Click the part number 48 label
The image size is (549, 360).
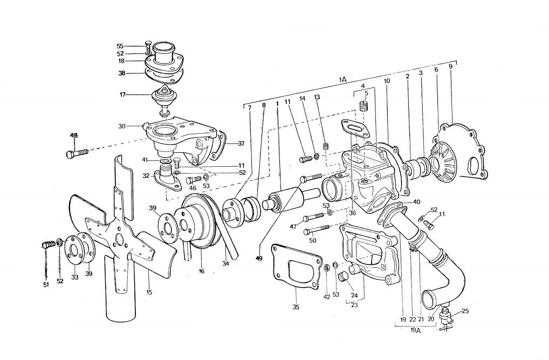point(74,135)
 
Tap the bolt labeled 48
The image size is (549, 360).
point(77,153)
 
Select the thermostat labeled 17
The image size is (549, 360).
point(164,99)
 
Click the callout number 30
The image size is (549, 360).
point(122,126)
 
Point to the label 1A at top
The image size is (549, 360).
point(342,79)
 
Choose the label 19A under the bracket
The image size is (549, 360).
point(415,330)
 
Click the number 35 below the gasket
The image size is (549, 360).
point(296,307)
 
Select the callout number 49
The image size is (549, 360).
point(258,259)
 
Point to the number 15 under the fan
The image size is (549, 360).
point(149,292)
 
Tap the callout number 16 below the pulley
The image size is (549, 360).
point(201,271)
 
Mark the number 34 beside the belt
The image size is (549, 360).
point(225,263)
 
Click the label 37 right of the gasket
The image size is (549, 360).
point(241,144)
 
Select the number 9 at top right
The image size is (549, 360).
point(451,65)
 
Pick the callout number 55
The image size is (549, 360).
point(120,46)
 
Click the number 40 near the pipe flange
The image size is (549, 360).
point(416,202)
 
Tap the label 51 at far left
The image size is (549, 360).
point(46,285)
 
